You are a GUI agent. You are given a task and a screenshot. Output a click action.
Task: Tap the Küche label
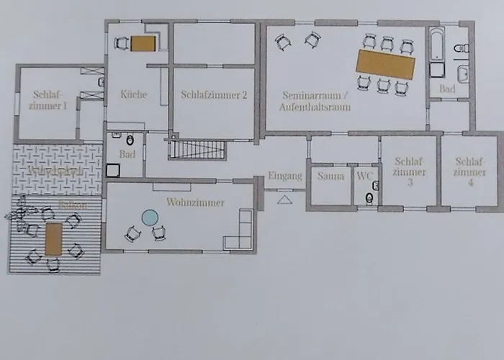pyautogui.click(x=135, y=94)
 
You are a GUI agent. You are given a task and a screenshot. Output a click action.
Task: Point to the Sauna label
pyautogui.click(x=330, y=176)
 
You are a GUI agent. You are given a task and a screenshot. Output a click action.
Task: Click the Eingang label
pyautogui.click(x=284, y=176)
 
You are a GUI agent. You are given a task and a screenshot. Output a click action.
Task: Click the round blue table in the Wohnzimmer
pyautogui.click(x=150, y=216)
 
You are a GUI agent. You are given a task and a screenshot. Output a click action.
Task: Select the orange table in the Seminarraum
pyautogui.click(x=387, y=65)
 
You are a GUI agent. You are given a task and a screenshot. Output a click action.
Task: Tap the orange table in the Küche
pyautogui.click(x=143, y=44)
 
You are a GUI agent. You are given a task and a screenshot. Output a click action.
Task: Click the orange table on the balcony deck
pyautogui.click(x=54, y=240)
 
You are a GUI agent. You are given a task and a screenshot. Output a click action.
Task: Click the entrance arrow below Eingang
pyautogui.click(x=284, y=199)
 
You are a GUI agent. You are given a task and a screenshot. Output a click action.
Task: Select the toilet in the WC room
pyautogui.click(x=369, y=197)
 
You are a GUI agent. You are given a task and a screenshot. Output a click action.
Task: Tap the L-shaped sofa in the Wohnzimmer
pyautogui.click(x=241, y=232)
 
